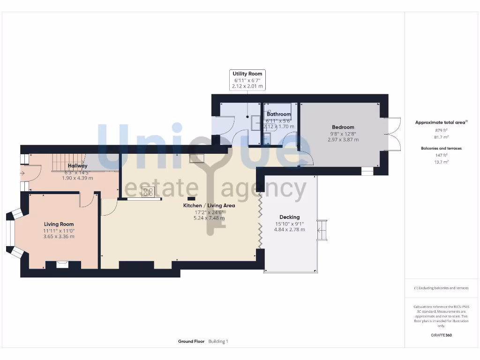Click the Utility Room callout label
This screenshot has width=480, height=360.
[248, 74]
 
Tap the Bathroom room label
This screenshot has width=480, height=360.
[278, 114]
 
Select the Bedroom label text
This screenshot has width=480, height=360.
[343, 127]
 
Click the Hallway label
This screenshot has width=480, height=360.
[77, 166]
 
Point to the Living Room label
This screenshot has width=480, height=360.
[59, 224]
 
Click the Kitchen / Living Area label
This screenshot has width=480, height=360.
[209, 205]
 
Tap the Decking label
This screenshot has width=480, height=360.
[289, 217]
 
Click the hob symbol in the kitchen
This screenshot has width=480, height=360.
[148, 191]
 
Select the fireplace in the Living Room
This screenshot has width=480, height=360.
[62, 264]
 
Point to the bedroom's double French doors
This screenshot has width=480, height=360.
[393, 134]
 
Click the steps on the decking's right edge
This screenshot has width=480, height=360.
[322, 230]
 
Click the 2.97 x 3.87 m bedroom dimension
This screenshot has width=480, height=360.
[343, 140]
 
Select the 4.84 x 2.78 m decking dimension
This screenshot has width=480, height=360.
[289, 230]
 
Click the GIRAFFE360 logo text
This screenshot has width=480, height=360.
[441, 336]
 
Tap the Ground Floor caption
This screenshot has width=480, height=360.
[191, 342]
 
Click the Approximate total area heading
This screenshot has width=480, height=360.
[440, 123]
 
